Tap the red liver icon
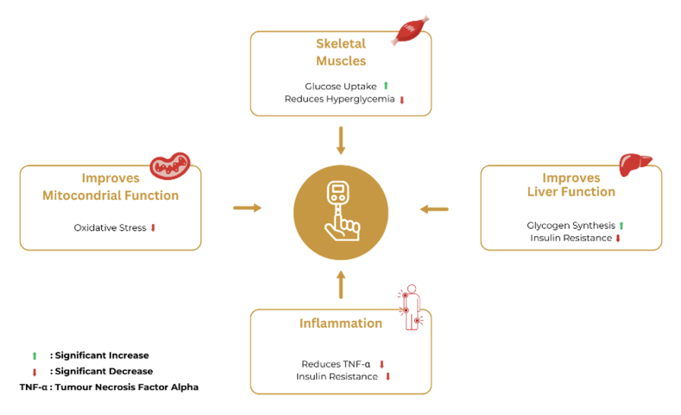click(635, 163)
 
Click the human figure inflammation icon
click(412, 307)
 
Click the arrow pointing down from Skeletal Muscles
click(341, 140)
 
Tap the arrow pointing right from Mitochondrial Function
click(247, 207)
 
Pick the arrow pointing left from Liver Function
click(434, 208)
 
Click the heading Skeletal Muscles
click(340, 52)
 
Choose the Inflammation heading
click(340, 323)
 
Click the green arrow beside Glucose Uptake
click(386, 86)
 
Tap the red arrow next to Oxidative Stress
click(153, 228)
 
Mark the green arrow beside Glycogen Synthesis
click(621, 226)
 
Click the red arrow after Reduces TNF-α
click(381, 364)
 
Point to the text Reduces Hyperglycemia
click(339, 99)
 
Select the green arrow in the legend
click(35, 355)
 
